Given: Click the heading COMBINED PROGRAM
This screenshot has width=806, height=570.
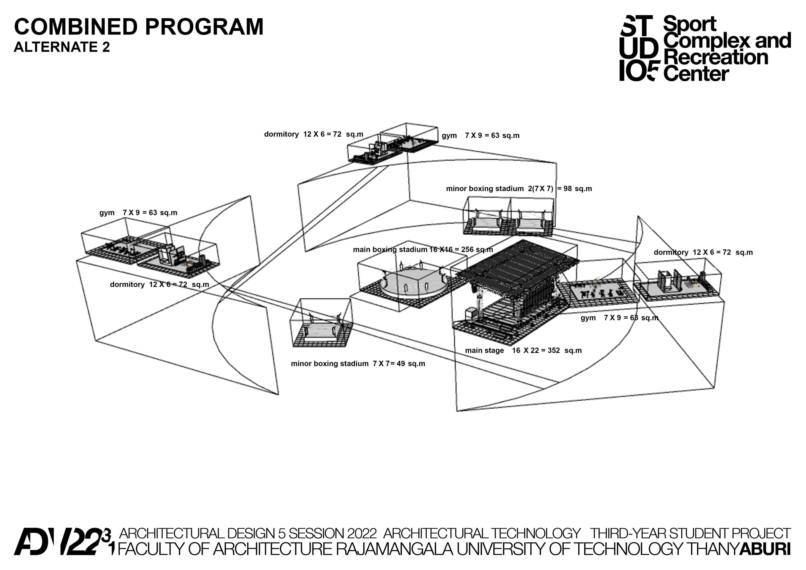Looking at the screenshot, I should tap(139, 27).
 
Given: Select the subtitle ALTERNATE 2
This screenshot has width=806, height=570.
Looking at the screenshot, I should tap(61, 47).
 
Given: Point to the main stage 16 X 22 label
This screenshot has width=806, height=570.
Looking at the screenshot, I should tap(523, 350).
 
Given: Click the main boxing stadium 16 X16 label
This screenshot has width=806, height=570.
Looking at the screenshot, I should tap(423, 250).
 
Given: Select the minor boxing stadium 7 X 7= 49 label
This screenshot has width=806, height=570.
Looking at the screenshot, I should tap(358, 364).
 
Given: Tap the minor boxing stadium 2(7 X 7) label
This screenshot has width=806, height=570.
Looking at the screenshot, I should tap(519, 189).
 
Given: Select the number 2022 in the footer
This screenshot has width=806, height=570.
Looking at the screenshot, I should tap(362, 534).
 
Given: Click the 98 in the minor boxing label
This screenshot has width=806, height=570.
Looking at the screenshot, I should tap(567, 189).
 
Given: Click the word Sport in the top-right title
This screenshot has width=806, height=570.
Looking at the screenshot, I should tap(690, 24).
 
